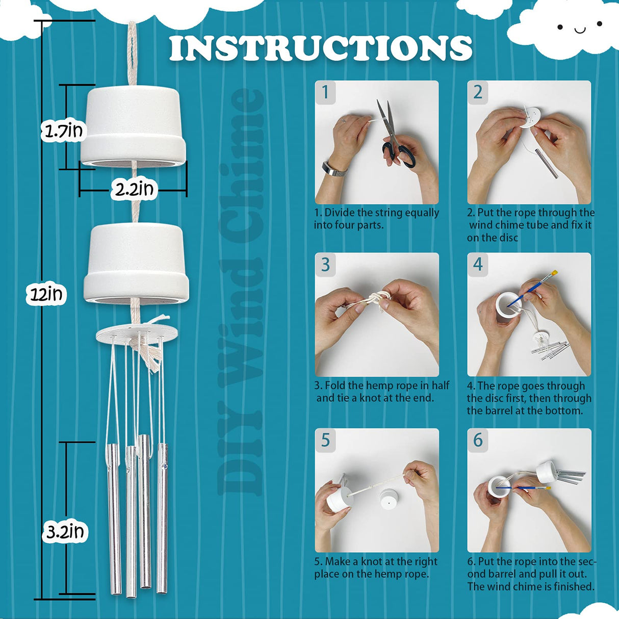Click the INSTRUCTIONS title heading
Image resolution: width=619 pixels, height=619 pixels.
(321, 48)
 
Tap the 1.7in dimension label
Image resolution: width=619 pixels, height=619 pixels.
(63, 132)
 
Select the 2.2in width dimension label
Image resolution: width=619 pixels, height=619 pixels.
(134, 190)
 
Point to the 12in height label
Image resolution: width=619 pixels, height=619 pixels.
(46, 294)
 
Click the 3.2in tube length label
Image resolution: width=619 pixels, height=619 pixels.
(65, 532)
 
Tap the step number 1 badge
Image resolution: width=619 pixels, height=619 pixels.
(325, 92)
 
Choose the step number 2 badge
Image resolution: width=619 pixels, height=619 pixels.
(478, 92)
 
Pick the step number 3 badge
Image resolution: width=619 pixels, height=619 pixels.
(325, 265)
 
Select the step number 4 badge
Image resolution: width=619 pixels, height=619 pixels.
(478, 264)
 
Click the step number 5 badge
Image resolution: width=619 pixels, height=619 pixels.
(325, 440)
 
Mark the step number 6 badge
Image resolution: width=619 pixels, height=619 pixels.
(478, 440)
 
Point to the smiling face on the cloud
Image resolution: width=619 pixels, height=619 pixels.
(580, 28)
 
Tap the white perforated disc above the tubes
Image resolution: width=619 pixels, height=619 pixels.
(137, 334)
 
